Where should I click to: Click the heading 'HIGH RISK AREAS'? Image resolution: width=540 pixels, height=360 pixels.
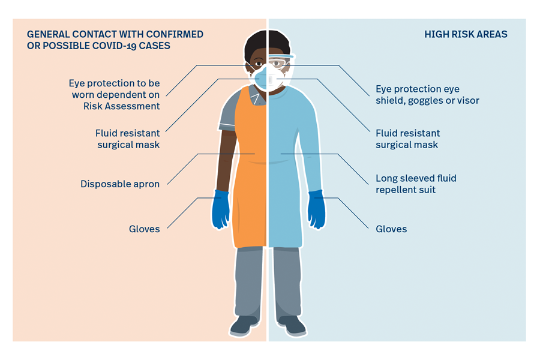click(x=466, y=34)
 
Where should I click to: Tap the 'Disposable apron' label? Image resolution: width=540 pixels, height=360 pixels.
click(x=120, y=184)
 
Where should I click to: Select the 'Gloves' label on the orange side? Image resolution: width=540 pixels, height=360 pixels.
click(x=144, y=229)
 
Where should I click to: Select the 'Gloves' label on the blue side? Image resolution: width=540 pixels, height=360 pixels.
click(x=391, y=229)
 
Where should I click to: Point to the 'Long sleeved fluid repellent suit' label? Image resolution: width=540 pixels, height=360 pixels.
click(x=416, y=184)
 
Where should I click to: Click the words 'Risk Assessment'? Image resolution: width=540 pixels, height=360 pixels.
click(x=122, y=106)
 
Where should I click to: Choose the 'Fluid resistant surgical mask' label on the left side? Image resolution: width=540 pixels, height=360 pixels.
click(x=128, y=139)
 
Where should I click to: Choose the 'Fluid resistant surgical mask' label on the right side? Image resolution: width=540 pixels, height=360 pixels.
click(x=408, y=139)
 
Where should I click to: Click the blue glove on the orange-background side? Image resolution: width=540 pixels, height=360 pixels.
click(x=220, y=209)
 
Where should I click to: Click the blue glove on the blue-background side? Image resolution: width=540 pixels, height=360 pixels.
click(x=316, y=209)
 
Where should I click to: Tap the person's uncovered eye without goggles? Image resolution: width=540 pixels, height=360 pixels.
click(x=258, y=64)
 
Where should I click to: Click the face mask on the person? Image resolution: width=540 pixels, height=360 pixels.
click(x=267, y=77)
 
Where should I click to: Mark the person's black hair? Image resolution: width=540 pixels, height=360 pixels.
click(x=267, y=43)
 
